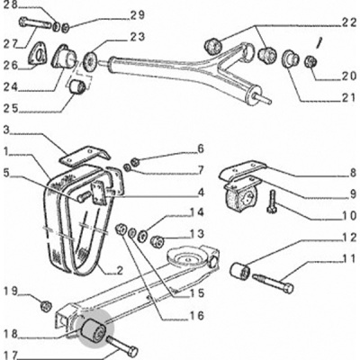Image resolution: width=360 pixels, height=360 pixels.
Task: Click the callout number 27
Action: pos(12,44)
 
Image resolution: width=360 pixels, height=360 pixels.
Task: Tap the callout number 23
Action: pos(138,37)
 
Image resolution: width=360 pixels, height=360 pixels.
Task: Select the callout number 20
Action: pos(348,76)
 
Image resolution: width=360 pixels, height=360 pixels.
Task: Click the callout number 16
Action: pos(197,315)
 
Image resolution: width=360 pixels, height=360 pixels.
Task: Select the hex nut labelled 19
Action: pos(46,306)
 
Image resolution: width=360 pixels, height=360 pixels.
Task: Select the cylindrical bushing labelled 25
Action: pos(76,85)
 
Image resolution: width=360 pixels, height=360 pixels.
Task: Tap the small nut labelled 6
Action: pos(135,162)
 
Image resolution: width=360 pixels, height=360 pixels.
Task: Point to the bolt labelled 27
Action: pos(35,23)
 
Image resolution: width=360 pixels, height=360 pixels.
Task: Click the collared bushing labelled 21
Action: pos(290,58)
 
